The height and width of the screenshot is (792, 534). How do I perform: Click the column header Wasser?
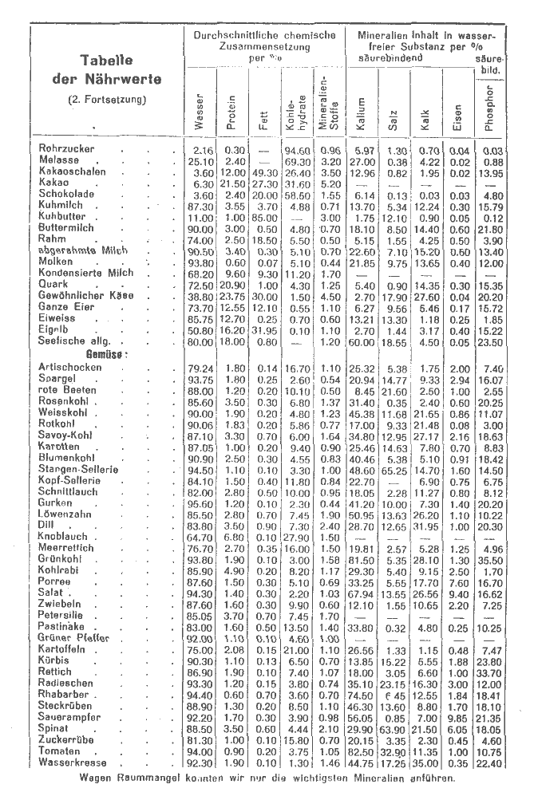(200, 112)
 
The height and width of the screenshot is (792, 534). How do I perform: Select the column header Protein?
(231, 112)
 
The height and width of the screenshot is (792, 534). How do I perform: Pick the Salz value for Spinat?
(394, 729)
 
